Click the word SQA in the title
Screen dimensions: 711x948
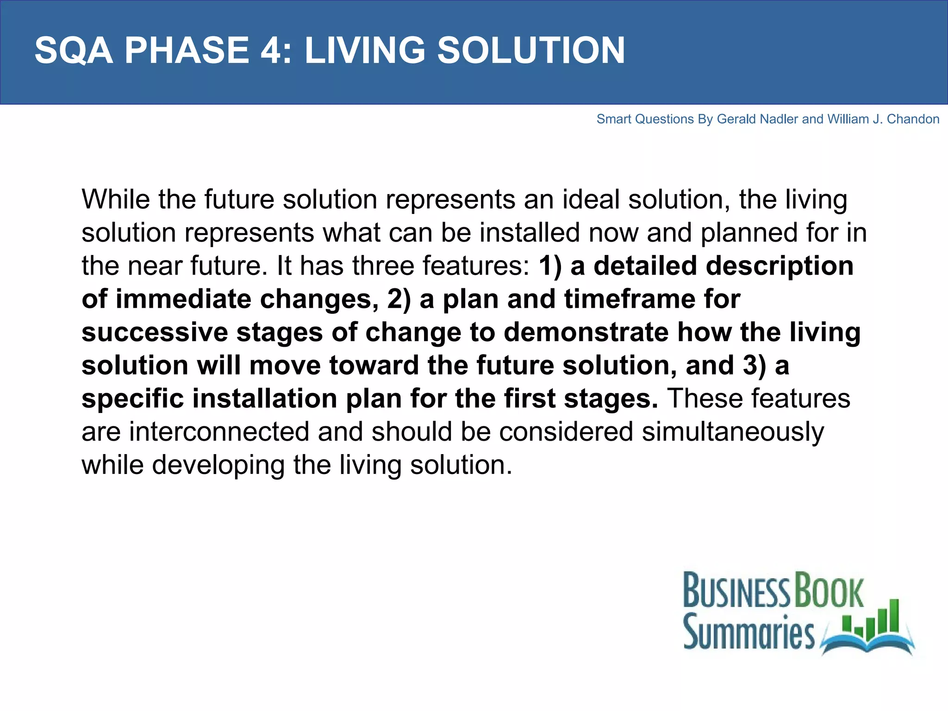(x=74, y=50)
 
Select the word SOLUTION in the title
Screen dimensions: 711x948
(x=531, y=50)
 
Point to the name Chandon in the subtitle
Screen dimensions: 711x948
(x=913, y=119)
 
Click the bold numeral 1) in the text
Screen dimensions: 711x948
(x=550, y=266)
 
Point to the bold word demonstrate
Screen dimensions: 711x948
(x=586, y=332)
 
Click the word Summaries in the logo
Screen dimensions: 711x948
(x=748, y=632)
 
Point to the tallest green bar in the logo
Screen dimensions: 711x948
(x=894, y=616)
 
